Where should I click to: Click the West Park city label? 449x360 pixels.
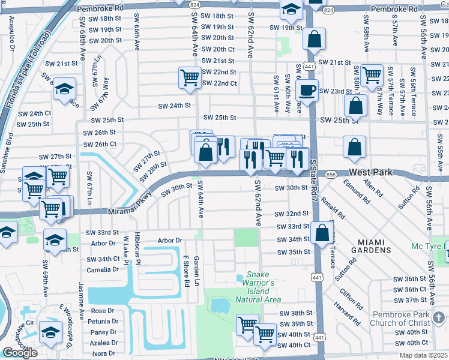pyautogui.click(x=370, y=172)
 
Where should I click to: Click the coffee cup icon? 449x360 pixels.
pyautogui.click(x=307, y=90)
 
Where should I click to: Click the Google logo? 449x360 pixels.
pyautogui.click(x=20, y=353)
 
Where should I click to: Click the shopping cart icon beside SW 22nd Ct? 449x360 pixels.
pyautogui.click(x=190, y=77)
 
